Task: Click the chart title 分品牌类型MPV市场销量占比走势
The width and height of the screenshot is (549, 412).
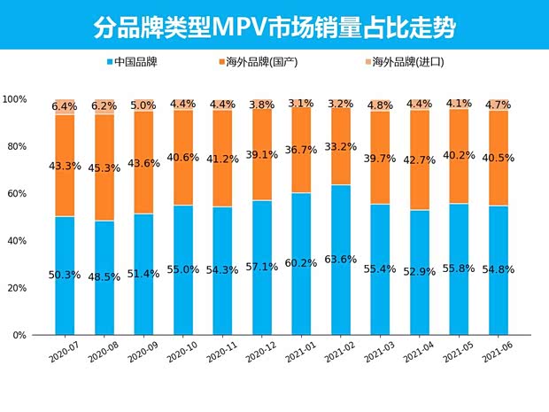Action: click(x=274, y=28)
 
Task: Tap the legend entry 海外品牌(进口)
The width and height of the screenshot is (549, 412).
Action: click(x=404, y=63)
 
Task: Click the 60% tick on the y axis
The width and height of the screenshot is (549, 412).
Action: click(x=19, y=193)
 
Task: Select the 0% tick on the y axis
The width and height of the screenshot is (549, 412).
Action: click(x=21, y=336)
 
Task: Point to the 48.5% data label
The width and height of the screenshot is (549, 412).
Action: click(x=104, y=276)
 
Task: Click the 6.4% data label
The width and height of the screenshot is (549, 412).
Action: click(x=65, y=106)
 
